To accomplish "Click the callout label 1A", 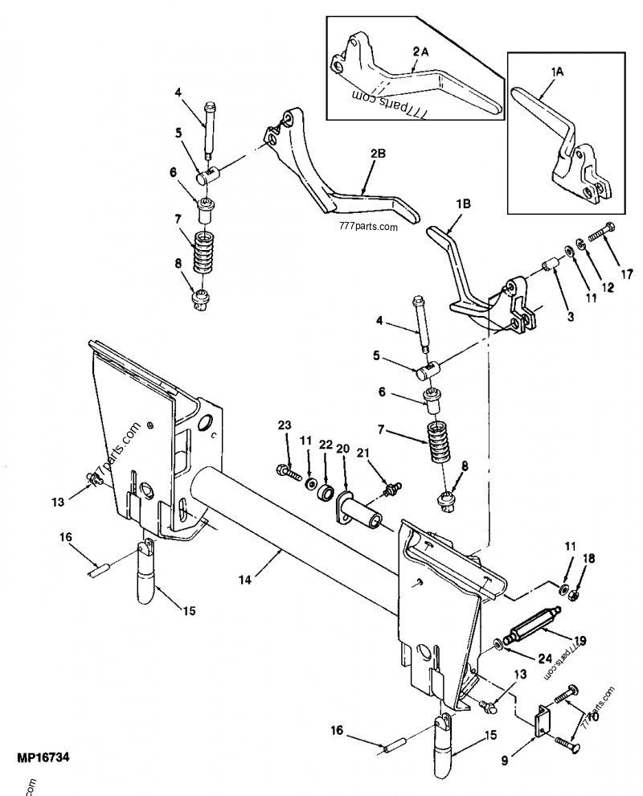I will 557,71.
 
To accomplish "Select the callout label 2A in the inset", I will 420,51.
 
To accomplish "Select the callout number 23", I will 285,425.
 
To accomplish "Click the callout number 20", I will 343,448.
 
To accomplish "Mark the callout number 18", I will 588,558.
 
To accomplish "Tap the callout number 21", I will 362,455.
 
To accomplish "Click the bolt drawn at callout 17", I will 601,234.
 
